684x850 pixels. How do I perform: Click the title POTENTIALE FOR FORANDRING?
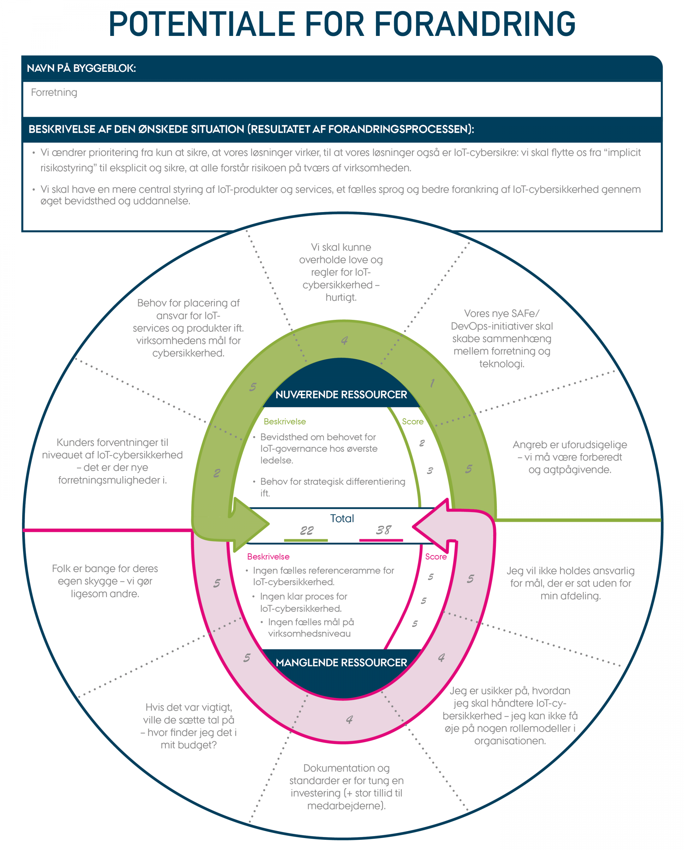click(x=342, y=24)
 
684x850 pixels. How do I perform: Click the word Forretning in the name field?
click(x=54, y=93)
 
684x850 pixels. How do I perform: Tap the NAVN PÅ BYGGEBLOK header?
click(x=81, y=68)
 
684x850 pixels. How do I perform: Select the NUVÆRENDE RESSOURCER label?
click(x=341, y=395)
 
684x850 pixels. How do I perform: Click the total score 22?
click(x=306, y=531)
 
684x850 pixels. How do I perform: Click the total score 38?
click(x=383, y=530)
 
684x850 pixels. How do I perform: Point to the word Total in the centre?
click(x=342, y=519)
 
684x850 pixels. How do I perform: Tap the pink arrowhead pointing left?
click(x=432, y=526)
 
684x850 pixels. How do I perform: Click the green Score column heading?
click(x=412, y=421)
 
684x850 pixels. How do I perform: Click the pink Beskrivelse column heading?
click(x=268, y=556)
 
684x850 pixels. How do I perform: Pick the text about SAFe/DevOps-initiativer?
click(x=501, y=338)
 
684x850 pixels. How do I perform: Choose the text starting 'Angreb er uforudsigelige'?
click(x=570, y=457)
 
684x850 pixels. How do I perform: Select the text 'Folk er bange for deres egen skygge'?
click(x=105, y=581)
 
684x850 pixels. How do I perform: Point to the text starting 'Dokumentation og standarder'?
click(x=346, y=786)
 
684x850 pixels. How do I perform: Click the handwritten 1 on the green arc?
click(x=432, y=383)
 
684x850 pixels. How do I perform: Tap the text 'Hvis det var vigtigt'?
click(x=188, y=726)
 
